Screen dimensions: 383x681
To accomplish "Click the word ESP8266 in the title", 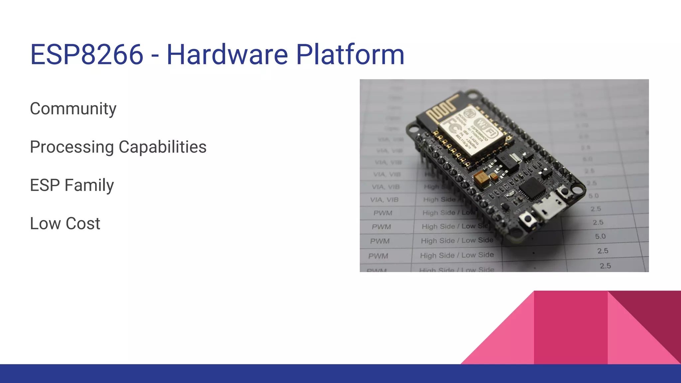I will [x=86, y=55].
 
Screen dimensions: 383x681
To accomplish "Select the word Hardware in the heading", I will [x=227, y=55].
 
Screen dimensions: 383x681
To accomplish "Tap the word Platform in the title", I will [x=350, y=55].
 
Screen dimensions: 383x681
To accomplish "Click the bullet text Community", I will [x=73, y=109].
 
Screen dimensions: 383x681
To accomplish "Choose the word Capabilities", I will [x=163, y=147].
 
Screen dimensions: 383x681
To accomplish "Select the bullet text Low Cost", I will [x=65, y=223].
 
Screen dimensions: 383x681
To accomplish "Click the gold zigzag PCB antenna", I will [x=442, y=108].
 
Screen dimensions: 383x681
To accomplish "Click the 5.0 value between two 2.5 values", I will [x=600, y=236].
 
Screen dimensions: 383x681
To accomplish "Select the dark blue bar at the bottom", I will [x=340, y=374].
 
